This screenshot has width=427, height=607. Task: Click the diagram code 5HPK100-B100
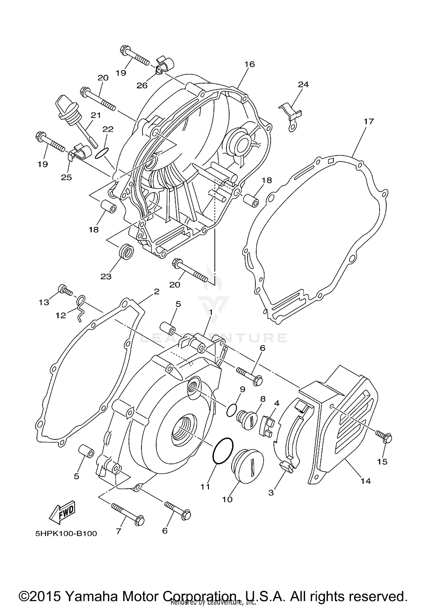66,533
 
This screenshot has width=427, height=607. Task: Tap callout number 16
249,64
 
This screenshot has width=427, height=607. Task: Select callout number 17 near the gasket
368,121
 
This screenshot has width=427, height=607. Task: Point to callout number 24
303,84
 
